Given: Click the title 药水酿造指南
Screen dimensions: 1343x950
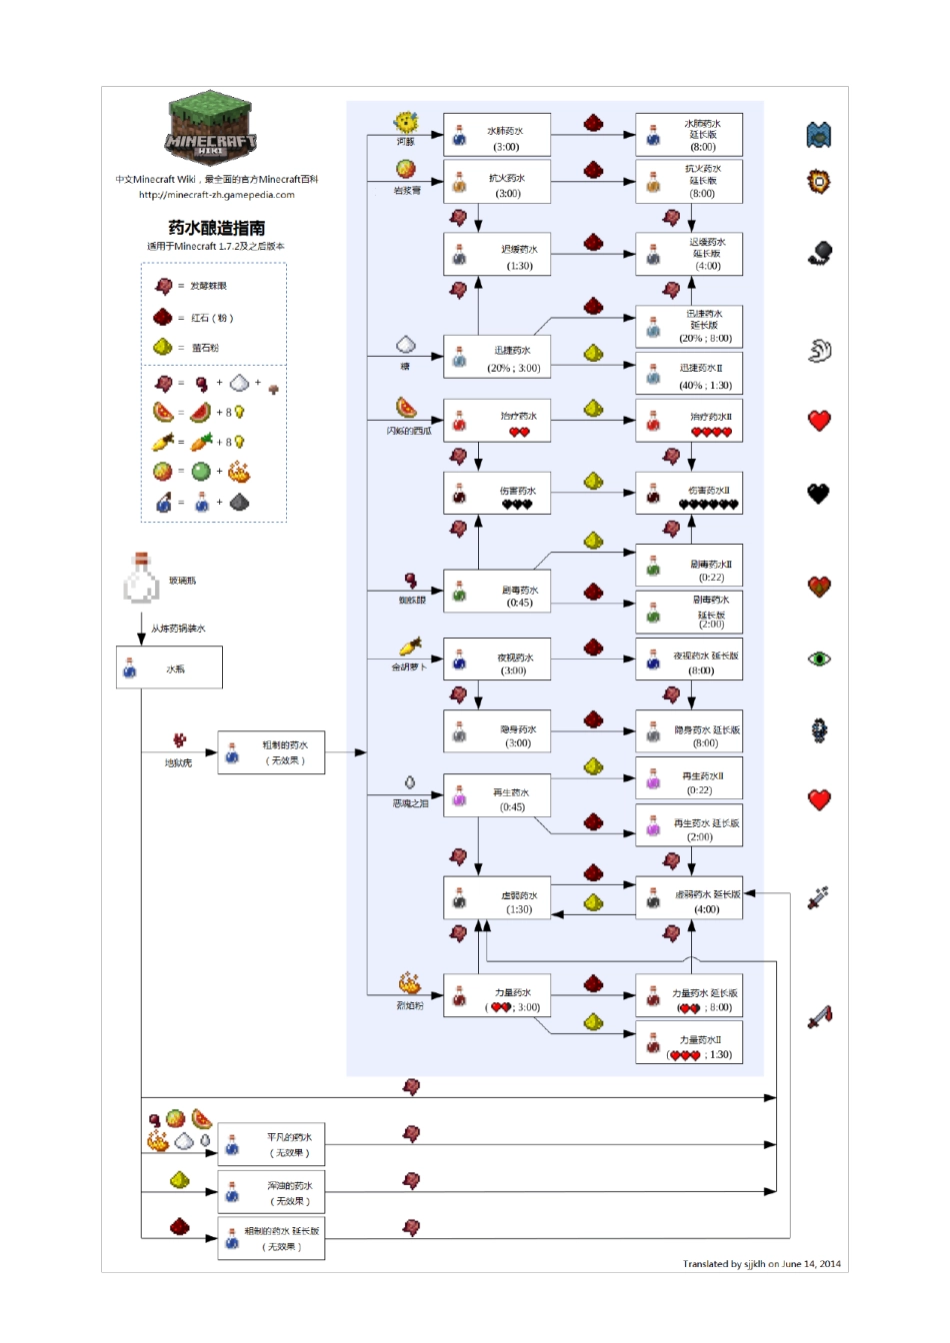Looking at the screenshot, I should coord(216,228).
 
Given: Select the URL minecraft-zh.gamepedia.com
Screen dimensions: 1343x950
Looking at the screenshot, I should coord(216,195).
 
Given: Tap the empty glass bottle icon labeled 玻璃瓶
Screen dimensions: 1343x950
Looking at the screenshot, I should coord(141,578).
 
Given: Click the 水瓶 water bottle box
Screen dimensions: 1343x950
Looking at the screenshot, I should coord(169,668).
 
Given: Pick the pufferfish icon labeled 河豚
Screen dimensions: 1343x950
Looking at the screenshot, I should coord(406,123).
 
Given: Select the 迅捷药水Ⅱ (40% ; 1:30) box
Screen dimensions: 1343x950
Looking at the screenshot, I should coord(689,376).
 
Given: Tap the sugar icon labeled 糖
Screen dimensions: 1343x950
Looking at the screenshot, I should coord(406,345).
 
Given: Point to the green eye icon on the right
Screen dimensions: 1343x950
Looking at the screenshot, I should coord(819,659).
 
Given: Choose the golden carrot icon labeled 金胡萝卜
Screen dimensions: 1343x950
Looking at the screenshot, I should coord(409,647).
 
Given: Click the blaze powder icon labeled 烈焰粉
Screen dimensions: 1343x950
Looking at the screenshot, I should coord(409,983).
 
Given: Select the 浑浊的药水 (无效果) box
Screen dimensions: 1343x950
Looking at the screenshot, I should coord(271,1192).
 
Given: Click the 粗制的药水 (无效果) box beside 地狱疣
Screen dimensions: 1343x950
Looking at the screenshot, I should coord(271,751).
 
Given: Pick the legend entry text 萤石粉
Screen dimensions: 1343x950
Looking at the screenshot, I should coord(205,348).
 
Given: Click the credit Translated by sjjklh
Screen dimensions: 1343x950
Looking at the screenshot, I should coord(761,1263).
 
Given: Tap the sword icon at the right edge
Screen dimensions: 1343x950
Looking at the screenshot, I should coord(819,1017).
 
